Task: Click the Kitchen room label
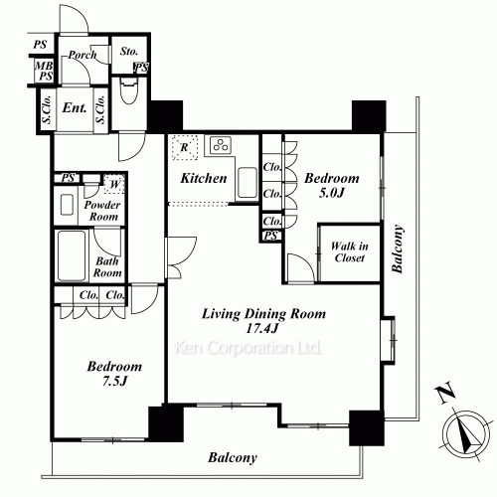(204, 178)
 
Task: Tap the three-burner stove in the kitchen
(221, 145)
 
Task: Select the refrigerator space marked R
(185, 147)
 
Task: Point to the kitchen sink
(248, 183)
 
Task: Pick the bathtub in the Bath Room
(72, 255)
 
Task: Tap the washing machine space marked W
(114, 184)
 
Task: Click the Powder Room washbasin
(67, 205)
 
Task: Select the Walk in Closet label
(349, 251)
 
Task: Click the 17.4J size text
(261, 328)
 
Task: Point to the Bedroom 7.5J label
(114, 374)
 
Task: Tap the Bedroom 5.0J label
(332, 185)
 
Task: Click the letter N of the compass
(444, 393)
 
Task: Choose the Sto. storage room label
(129, 51)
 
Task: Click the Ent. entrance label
(75, 107)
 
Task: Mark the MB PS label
(44, 71)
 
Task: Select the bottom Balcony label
(233, 458)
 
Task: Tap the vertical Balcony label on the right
(398, 248)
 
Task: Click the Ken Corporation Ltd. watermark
(248, 348)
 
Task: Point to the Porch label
(83, 55)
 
